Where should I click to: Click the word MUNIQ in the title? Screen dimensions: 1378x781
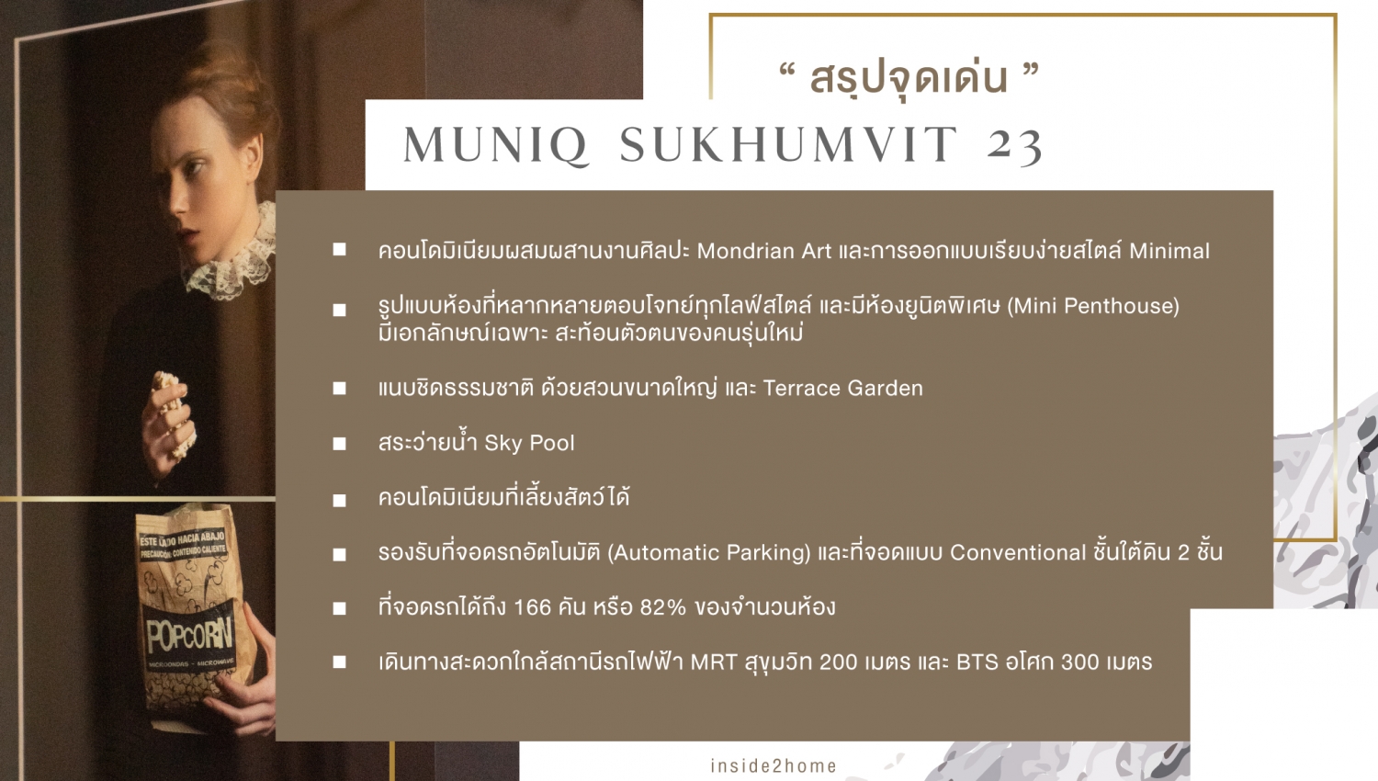click(496, 145)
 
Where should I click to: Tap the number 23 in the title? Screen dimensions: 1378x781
click(1015, 145)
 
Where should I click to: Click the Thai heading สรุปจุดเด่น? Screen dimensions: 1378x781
click(909, 79)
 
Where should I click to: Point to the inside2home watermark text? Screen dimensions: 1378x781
click(774, 765)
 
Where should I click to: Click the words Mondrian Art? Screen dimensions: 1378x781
click(763, 251)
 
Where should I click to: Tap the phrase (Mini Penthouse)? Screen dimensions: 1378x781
click(1093, 306)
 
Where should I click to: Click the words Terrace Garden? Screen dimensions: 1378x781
click(842, 389)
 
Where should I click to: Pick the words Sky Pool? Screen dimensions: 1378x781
click(530, 443)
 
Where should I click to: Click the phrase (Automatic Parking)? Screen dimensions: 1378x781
click(709, 552)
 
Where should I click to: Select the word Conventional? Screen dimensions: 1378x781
click(1018, 552)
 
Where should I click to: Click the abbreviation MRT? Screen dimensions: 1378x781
click(714, 662)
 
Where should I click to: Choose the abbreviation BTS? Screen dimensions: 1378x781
click(977, 662)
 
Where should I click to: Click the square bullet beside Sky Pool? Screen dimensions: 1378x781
click(340, 445)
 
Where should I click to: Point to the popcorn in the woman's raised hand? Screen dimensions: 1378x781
click(173, 406)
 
